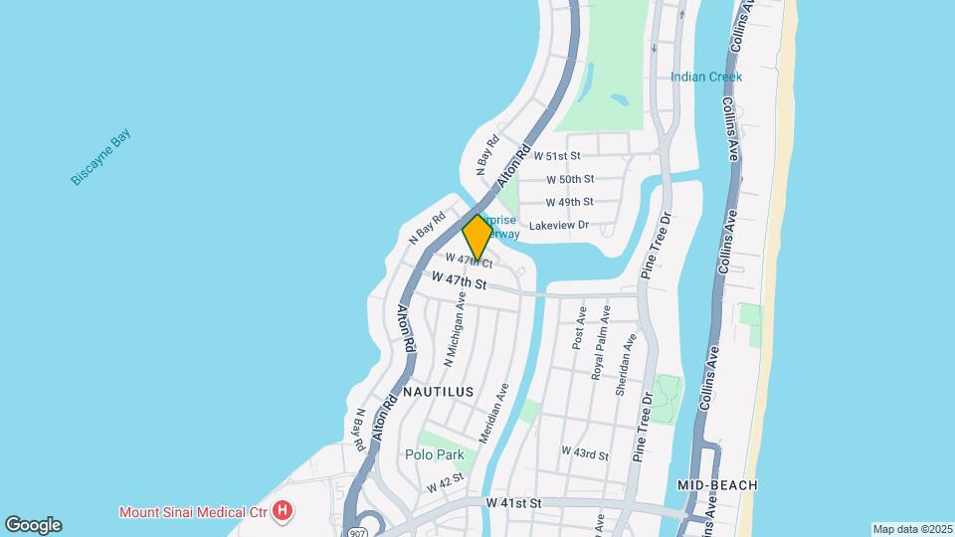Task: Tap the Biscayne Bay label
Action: (x=100, y=158)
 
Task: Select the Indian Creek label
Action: (x=706, y=77)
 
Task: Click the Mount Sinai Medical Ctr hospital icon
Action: (x=284, y=512)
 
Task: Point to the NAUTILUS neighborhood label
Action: (x=437, y=392)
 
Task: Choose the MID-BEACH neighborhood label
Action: (x=717, y=485)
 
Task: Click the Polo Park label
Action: (x=435, y=454)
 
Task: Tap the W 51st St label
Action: (x=556, y=156)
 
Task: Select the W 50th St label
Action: (x=570, y=179)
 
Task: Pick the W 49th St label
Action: (x=570, y=202)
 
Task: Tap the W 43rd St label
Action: (x=584, y=452)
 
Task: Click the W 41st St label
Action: (x=513, y=504)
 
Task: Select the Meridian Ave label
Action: (x=494, y=413)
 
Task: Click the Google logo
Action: (x=33, y=524)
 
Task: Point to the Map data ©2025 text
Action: (x=911, y=529)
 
